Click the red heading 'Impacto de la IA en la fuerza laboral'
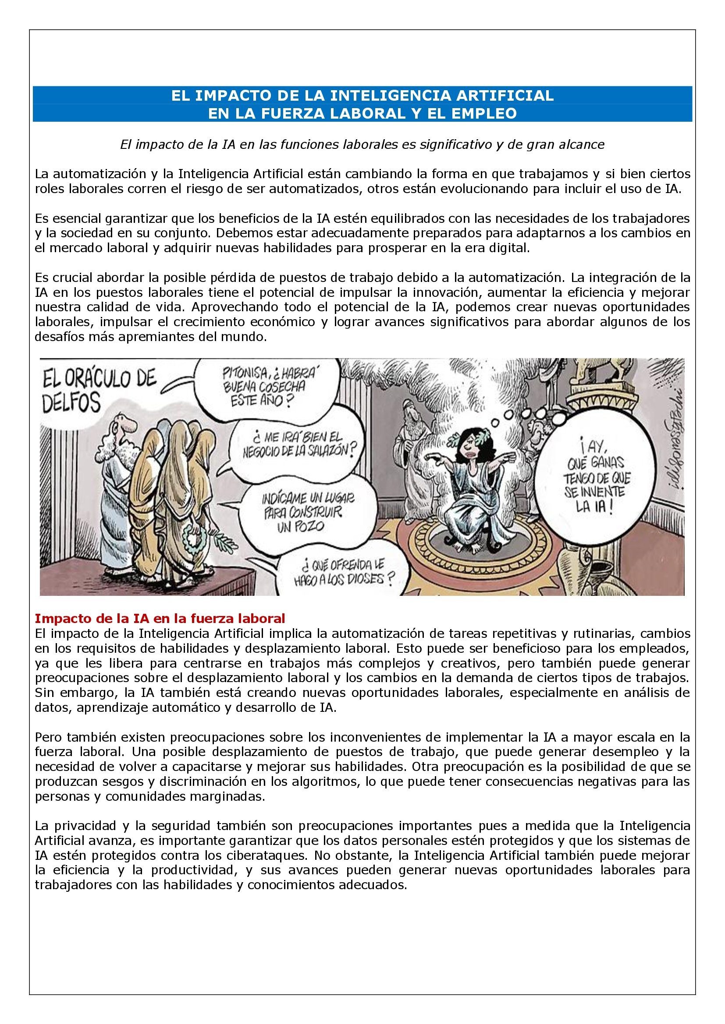point(160,619)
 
